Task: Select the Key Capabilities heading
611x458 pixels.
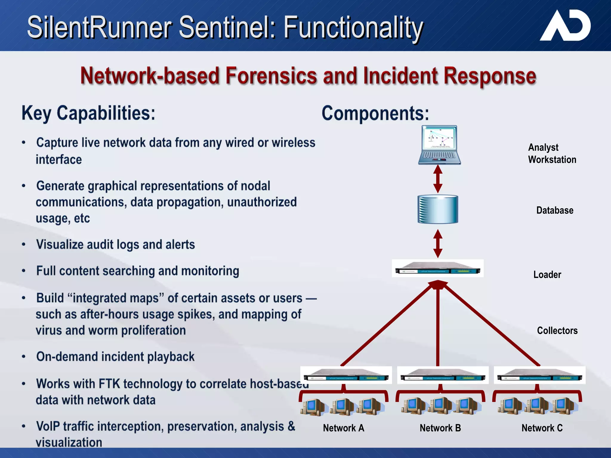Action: click(88, 114)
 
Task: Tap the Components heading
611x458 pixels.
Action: click(375, 114)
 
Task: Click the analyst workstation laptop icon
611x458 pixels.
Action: click(439, 145)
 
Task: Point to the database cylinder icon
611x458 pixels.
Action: click(438, 209)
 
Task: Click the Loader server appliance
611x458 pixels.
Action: click(437, 268)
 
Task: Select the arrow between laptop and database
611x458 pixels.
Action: click(438, 179)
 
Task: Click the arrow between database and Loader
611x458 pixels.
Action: click(438, 244)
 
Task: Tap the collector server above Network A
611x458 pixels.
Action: click(346, 375)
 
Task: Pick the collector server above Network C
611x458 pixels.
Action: click(539, 375)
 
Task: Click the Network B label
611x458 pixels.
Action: click(440, 428)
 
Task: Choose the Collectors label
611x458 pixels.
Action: click(557, 331)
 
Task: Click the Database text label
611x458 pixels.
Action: click(555, 211)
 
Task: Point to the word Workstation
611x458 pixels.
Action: click(552, 160)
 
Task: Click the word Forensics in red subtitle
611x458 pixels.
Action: click(271, 76)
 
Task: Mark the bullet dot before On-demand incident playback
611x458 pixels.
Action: click(24, 357)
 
